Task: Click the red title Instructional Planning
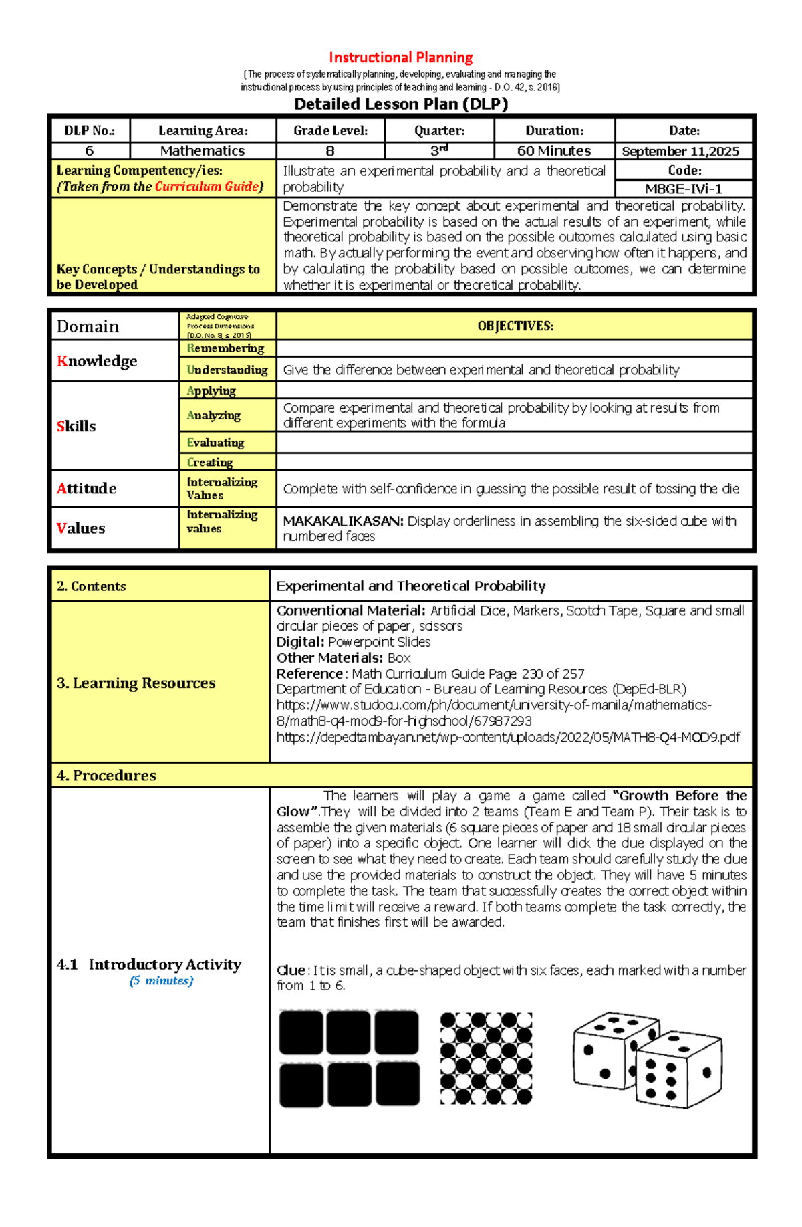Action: pyautogui.click(x=400, y=58)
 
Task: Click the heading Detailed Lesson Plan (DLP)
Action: pyautogui.click(x=401, y=104)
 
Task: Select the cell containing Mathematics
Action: pyautogui.click(x=203, y=151)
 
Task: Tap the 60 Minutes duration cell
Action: pyautogui.click(x=553, y=151)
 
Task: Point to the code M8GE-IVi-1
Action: pyautogui.click(x=683, y=189)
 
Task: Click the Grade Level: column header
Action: pyautogui.click(x=330, y=130)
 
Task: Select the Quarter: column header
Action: pyautogui.click(x=439, y=130)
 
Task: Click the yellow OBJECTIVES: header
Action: pyautogui.click(x=515, y=326)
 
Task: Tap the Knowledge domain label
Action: pyautogui.click(x=97, y=361)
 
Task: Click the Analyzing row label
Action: pyautogui.click(x=213, y=415)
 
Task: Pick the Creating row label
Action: pyautogui.click(x=210, y=462)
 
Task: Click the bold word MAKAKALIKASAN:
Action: pyautogui.click(x=343, y=521)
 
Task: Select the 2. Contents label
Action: pyautogui.click(x=91, y=586)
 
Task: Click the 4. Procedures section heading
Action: pyautogui.click(x=106, y=776)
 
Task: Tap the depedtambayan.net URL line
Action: pyautogui.click(x=508, y=738)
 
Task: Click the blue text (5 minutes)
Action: pyautogui.click(x=161, y=981)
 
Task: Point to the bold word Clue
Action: pyautogui.click(x=291, y=970)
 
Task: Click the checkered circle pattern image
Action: pyautogui.click(x=486, y=1058)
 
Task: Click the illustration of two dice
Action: pyautogui.click(x=647, y=1059)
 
